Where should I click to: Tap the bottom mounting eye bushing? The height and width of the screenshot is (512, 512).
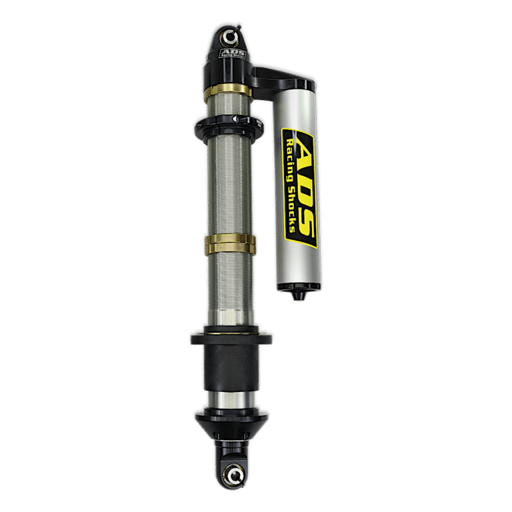pos(234,477)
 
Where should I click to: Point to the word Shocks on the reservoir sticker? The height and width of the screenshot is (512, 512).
pos(291,209)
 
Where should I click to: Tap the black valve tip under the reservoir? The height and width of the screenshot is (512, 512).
pos(299,295)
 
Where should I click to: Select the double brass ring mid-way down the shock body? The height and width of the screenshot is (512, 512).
pos(230,244)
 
